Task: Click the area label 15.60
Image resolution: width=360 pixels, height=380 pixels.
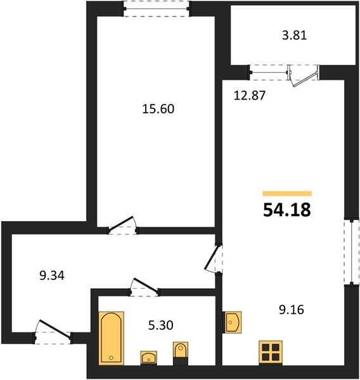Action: pos(158,109)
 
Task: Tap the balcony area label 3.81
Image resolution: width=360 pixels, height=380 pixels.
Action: pos(294,35)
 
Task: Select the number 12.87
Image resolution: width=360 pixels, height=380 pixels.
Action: pos(250,95)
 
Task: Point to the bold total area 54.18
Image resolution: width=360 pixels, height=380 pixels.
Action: pos(287,210)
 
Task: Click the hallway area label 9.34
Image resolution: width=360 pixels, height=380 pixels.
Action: pos(52,275)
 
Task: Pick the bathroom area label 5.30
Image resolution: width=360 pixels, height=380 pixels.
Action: pos(160,326)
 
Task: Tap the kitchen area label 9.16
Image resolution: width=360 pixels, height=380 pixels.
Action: pos(292,310)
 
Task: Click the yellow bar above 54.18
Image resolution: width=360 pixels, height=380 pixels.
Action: pos(287,193)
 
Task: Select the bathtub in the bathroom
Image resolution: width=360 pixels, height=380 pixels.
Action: pos(112,338)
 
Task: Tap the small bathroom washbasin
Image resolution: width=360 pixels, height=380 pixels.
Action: pos(149,357)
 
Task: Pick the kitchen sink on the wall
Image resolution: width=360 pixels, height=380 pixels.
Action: pos(232,322)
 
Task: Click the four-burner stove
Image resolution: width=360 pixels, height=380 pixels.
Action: pos(271,353)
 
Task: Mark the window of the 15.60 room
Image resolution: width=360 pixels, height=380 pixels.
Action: pos(157,9)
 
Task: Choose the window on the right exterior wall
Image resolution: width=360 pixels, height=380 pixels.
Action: pos(352,252)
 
